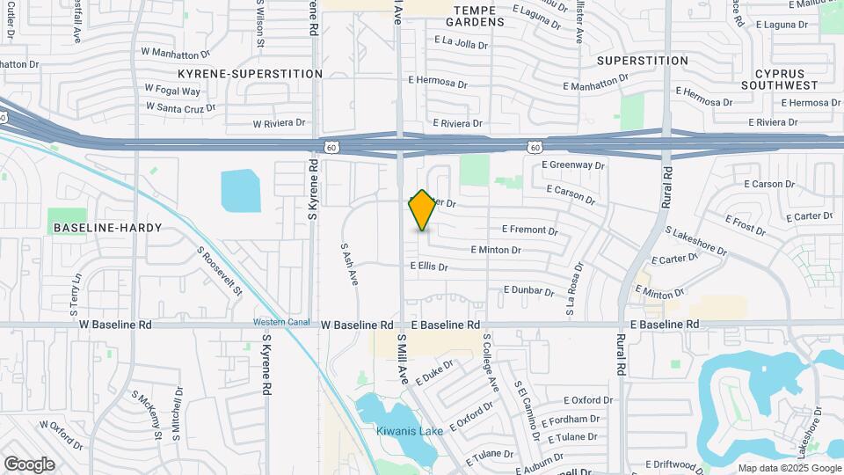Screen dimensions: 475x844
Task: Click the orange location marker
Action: tap(422, 210)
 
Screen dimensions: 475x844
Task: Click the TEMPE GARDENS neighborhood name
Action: tap(479, 16)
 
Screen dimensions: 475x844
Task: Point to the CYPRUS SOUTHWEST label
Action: tap(779, 78)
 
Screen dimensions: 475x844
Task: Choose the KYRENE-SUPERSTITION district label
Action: tap(250, 74)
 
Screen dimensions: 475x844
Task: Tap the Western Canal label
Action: tap(281, 321)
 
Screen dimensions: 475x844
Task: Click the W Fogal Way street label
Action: tap(172, 90)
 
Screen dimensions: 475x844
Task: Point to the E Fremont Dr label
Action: tap(529, 231)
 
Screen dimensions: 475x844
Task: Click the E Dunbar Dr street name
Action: tap(528, 290)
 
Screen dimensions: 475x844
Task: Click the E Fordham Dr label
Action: tap(570, 420)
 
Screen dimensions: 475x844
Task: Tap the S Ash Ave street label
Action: tap(350, 265)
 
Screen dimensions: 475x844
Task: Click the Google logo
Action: tap(29, 464)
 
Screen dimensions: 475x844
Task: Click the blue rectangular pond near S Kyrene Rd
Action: tap(241, 191)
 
